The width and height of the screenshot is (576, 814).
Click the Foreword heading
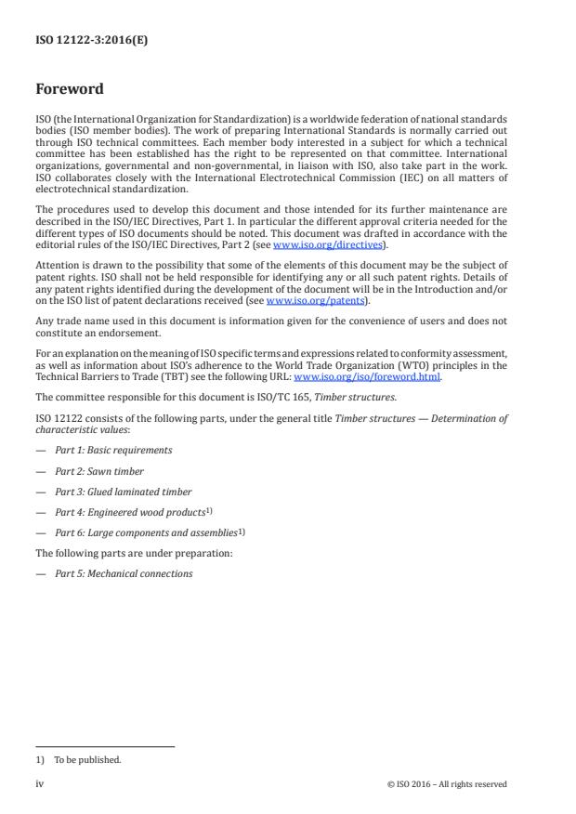tap(69, 90)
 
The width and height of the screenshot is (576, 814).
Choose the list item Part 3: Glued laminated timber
tap(118, 492)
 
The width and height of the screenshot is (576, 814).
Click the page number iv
tap(40, 783)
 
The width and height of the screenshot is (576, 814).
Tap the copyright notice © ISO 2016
tap(447, 783)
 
